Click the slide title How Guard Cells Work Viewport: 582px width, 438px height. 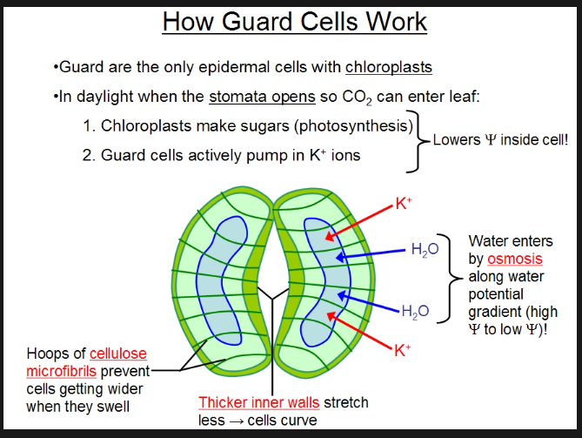[x=294, y=21]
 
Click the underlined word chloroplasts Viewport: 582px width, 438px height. [x=389, y=67]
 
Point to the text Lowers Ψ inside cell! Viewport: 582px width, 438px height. [x=499, y=138]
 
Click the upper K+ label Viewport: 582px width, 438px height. [x=403, y=205]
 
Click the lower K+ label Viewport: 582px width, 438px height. [x=402, y=351]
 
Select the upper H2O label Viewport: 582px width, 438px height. [x=419, y=249]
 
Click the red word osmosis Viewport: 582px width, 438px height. [x=514, y=259]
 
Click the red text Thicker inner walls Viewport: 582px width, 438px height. [x=259, y=402]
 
